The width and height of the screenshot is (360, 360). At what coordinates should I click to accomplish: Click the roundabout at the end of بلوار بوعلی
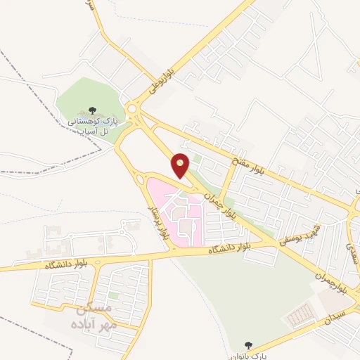pyautogui.click(x=132, y=108)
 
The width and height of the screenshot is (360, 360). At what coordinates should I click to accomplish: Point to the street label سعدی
pyautogui.click(x=351, y=250)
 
